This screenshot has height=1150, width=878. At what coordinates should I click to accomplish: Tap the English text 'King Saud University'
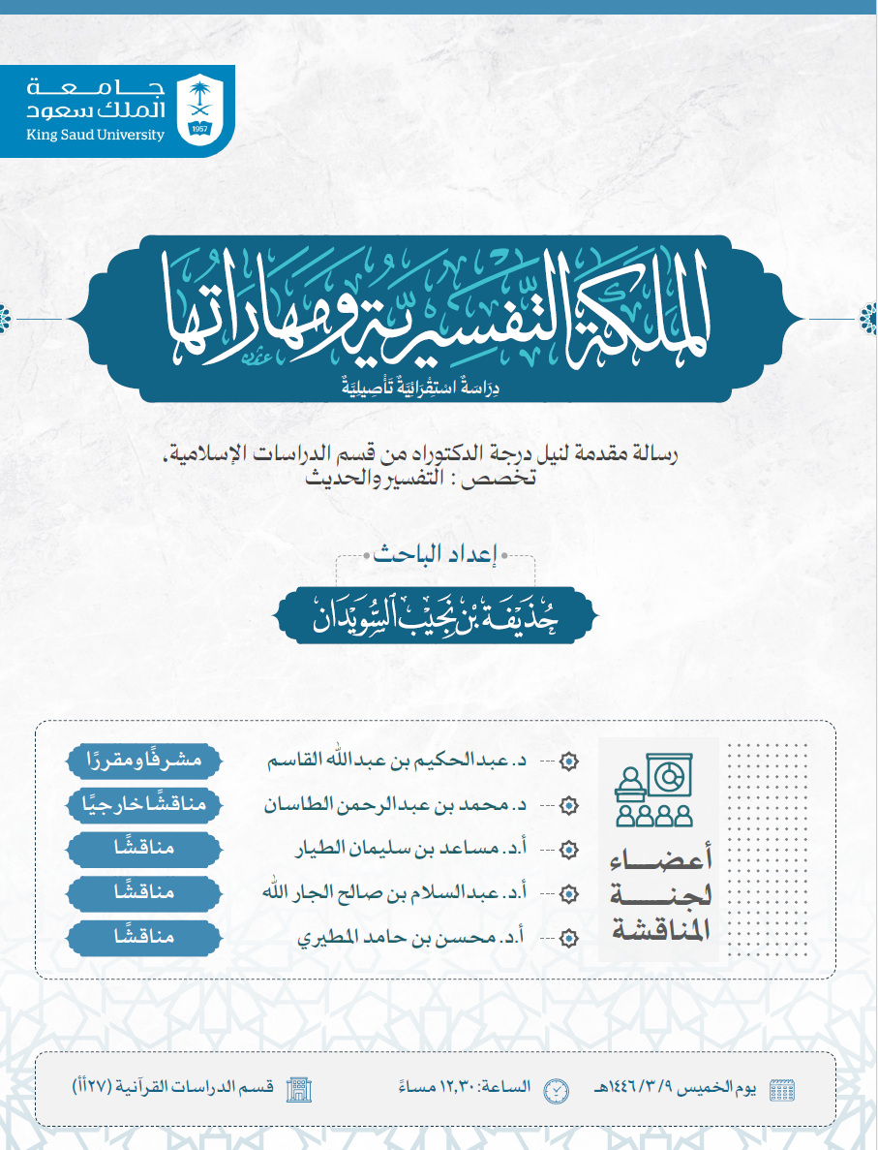coord(95,136)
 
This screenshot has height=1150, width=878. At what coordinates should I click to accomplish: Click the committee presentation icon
coord(655,793)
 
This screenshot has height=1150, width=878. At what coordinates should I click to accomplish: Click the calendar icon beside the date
coord(779,1088)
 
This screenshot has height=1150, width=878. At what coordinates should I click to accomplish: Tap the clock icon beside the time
coord(556,1088)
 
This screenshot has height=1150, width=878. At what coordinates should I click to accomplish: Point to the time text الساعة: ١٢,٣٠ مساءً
coord(473,1087)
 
